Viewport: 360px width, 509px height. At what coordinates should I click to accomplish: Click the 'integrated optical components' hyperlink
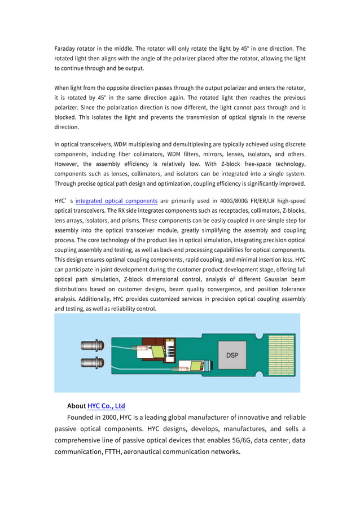pos(116,200)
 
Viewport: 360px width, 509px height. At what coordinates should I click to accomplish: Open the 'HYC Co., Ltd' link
pos(106,406)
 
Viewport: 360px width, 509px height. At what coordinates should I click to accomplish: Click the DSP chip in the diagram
pos(232,356)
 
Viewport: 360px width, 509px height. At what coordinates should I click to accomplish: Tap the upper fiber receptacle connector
pos(93,345)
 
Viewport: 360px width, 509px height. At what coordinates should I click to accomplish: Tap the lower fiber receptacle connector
pos(93,363)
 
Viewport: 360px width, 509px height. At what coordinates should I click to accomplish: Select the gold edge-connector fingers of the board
pos(280,356)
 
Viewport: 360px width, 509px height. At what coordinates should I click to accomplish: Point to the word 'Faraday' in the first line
pos(67,49)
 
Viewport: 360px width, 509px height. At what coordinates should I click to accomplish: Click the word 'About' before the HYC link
pos(76,406)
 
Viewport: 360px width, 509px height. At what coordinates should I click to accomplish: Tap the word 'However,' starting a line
pos(68,164)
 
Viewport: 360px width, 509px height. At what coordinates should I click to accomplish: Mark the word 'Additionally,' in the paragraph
pos(93,299)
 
